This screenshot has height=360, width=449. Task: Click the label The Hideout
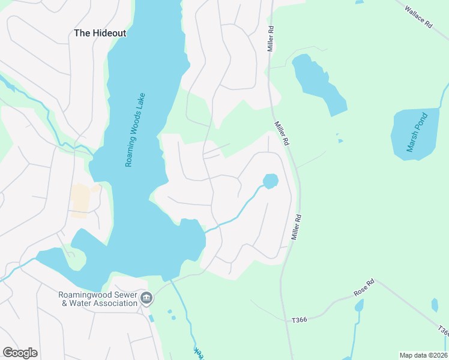100,34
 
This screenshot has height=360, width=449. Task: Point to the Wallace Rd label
419,17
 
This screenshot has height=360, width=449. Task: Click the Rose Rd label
364,287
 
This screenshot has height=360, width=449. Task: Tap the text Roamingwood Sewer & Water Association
98,299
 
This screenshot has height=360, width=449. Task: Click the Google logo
20,353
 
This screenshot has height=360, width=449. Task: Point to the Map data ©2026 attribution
423,355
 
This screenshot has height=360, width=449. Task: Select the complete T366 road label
299,320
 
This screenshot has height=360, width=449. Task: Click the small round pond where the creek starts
270,181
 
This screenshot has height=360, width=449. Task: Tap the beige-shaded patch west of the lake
80,199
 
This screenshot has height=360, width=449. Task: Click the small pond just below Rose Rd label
359,306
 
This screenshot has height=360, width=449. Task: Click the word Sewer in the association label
123,294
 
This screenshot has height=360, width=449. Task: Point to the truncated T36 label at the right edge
442,331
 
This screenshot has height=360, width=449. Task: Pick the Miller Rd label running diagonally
282,133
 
